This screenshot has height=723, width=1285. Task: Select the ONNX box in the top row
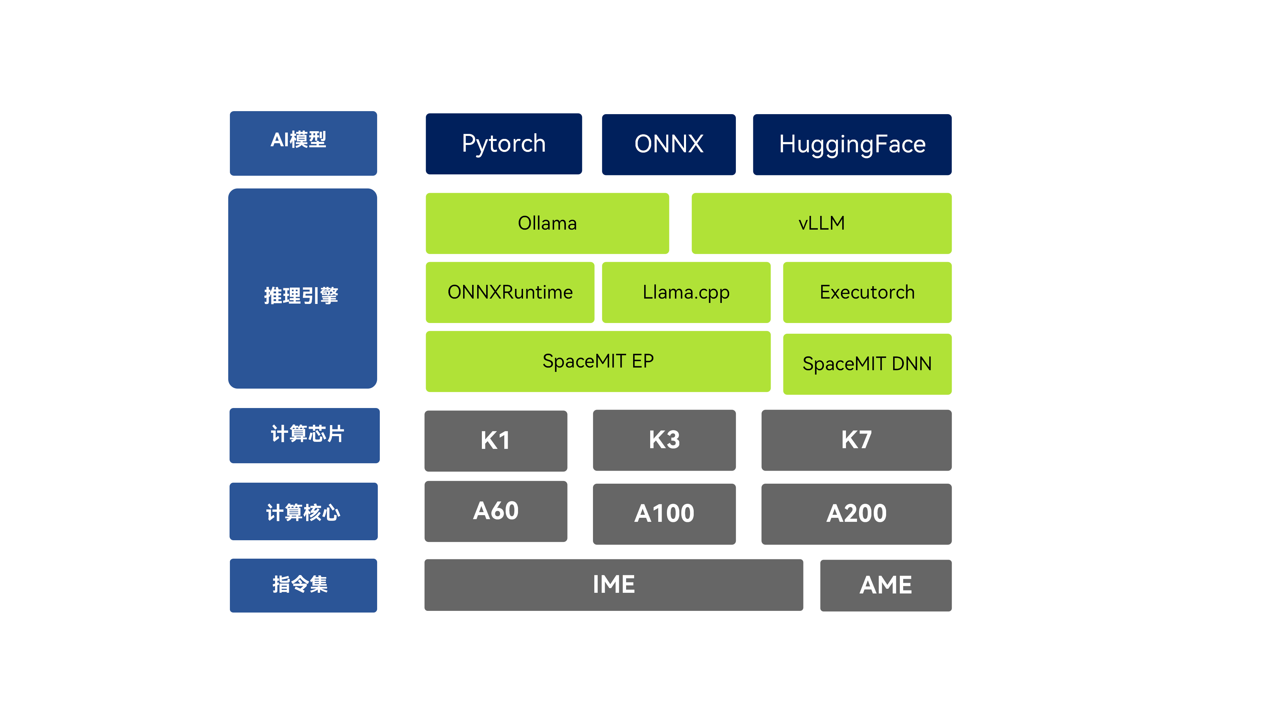coord(669,144)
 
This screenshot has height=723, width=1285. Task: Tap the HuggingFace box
coord(852,144)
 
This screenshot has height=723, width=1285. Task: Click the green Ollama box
coord(547,223)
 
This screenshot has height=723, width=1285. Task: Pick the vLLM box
coord(822,223)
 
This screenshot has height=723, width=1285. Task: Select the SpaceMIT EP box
coord(598,361)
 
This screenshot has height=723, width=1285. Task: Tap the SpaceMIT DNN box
coord(867,364)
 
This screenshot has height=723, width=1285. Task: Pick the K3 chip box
coord(664,440)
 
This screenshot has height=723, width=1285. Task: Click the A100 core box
coord(664,513)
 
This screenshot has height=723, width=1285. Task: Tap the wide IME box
coord(614,585)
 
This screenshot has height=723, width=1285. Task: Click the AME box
coord(885,585)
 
